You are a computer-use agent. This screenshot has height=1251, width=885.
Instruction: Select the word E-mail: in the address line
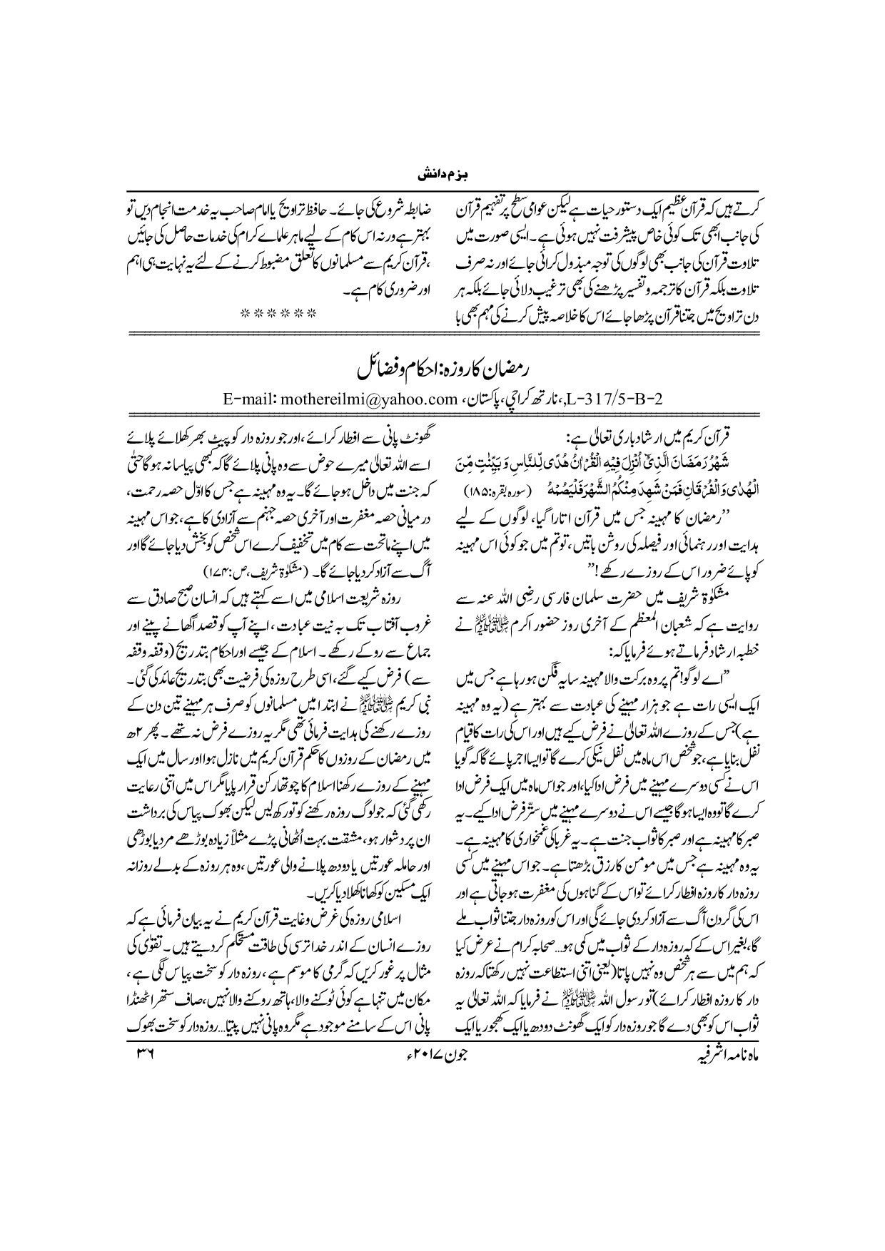(246, 397)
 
